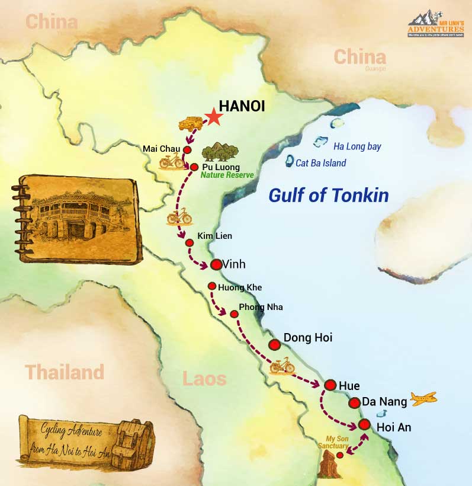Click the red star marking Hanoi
click(x=214, y=118)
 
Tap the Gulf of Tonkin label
click(x=329, y=195)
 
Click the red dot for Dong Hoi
click(x=274, y=344)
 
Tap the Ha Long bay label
click(x=357, y=146)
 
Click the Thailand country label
click(x=64, y=373)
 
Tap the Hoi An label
click(x=394, y=427)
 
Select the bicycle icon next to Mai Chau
click(x=171, y=161)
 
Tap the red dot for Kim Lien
click(x=190, y=243)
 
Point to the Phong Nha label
click(x=261, y=308)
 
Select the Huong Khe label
click(x=240, y=287)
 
